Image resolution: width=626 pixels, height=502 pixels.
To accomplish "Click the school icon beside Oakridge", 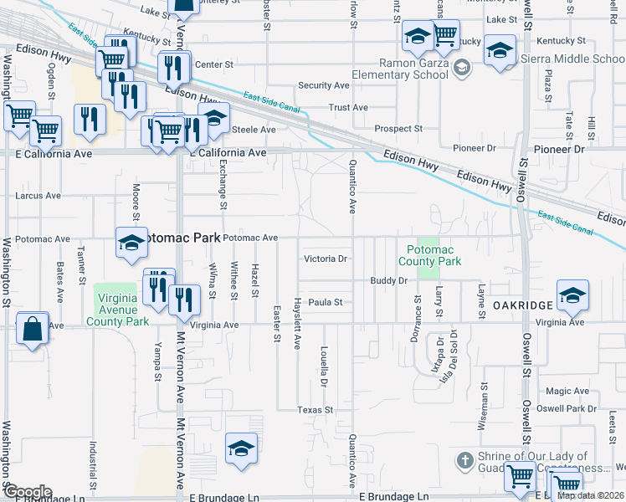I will click(572, 295).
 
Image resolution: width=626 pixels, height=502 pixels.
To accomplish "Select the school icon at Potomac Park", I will click(131, 243).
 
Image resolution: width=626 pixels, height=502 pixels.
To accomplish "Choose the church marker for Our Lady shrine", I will click(466, 460).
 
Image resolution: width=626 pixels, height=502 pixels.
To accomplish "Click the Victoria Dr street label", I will click(325, 259).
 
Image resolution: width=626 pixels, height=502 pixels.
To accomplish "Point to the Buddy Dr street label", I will click(388, 281).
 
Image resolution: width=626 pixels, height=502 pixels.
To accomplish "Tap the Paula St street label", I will click(326, 302).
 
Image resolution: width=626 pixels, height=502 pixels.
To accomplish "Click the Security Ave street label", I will click(324, 85).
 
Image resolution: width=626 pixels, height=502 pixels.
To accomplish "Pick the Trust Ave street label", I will click(348, 107).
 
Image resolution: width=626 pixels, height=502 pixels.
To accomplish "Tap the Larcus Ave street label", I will click(38, 196).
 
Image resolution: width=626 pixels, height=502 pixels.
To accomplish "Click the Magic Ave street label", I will click(567, 391).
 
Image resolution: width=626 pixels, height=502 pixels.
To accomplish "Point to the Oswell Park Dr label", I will click(567, 409).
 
